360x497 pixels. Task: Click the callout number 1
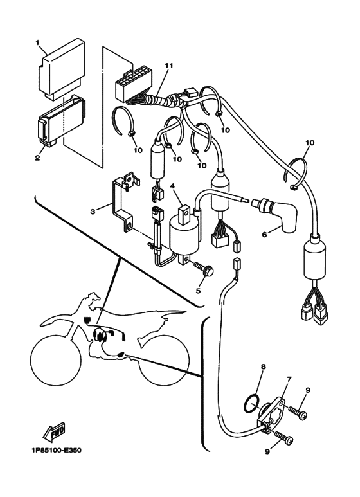(x=37, y=42)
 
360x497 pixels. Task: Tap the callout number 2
(x=37, y=158)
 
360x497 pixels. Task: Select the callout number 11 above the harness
(x=169, y=66)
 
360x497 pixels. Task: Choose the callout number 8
(x=264, y=367)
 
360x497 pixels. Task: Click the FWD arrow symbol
(x=54, y=432)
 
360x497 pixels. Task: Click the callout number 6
(x=264, y=234)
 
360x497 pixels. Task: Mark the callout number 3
(x=93, y=212)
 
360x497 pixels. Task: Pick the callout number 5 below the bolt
(x=198, y=290)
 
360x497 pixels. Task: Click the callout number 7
(x=289, y=379)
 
